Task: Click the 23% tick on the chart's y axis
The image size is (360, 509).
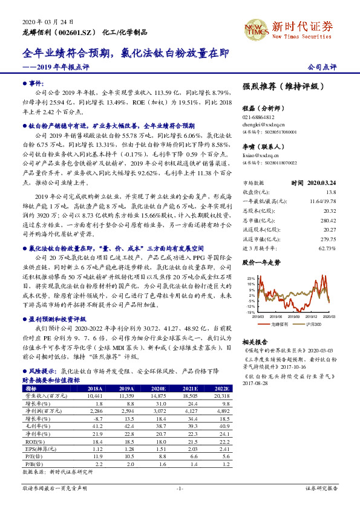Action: (x=250, y=277)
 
